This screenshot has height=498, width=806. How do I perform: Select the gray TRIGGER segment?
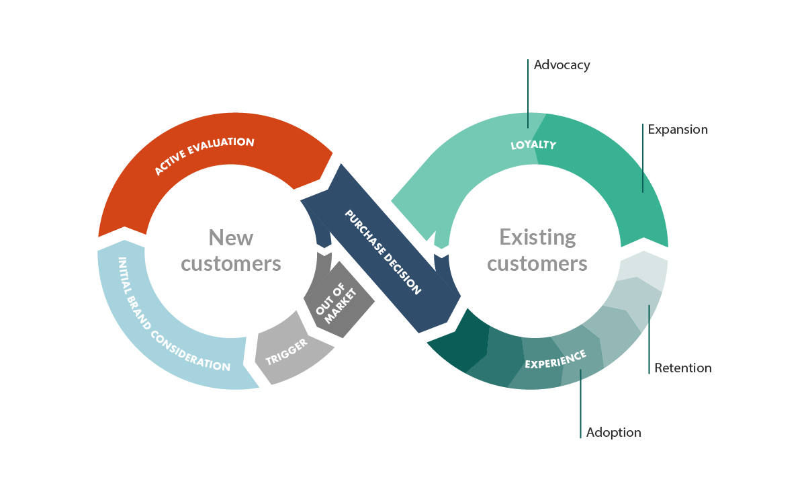[x=287, y=351]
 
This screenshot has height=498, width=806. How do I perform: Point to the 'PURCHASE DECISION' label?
[x=383, y=252]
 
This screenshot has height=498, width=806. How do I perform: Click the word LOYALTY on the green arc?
[x=533, y=144]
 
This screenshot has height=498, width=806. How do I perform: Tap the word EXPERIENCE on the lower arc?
[x=555, y=360]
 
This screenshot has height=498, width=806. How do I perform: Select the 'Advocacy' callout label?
[x=562, y=65]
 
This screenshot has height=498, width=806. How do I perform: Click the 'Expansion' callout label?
[x=677, y=130]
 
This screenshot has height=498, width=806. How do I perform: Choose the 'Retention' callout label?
[x=682, y=368]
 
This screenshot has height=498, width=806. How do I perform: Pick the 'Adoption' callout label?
[x=613, y=432]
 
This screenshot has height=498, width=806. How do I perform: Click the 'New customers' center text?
[x=231, y=250]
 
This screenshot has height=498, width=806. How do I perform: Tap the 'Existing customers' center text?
[x=537, y=250]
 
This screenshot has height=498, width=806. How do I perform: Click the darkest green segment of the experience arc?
[x=457, y=343]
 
